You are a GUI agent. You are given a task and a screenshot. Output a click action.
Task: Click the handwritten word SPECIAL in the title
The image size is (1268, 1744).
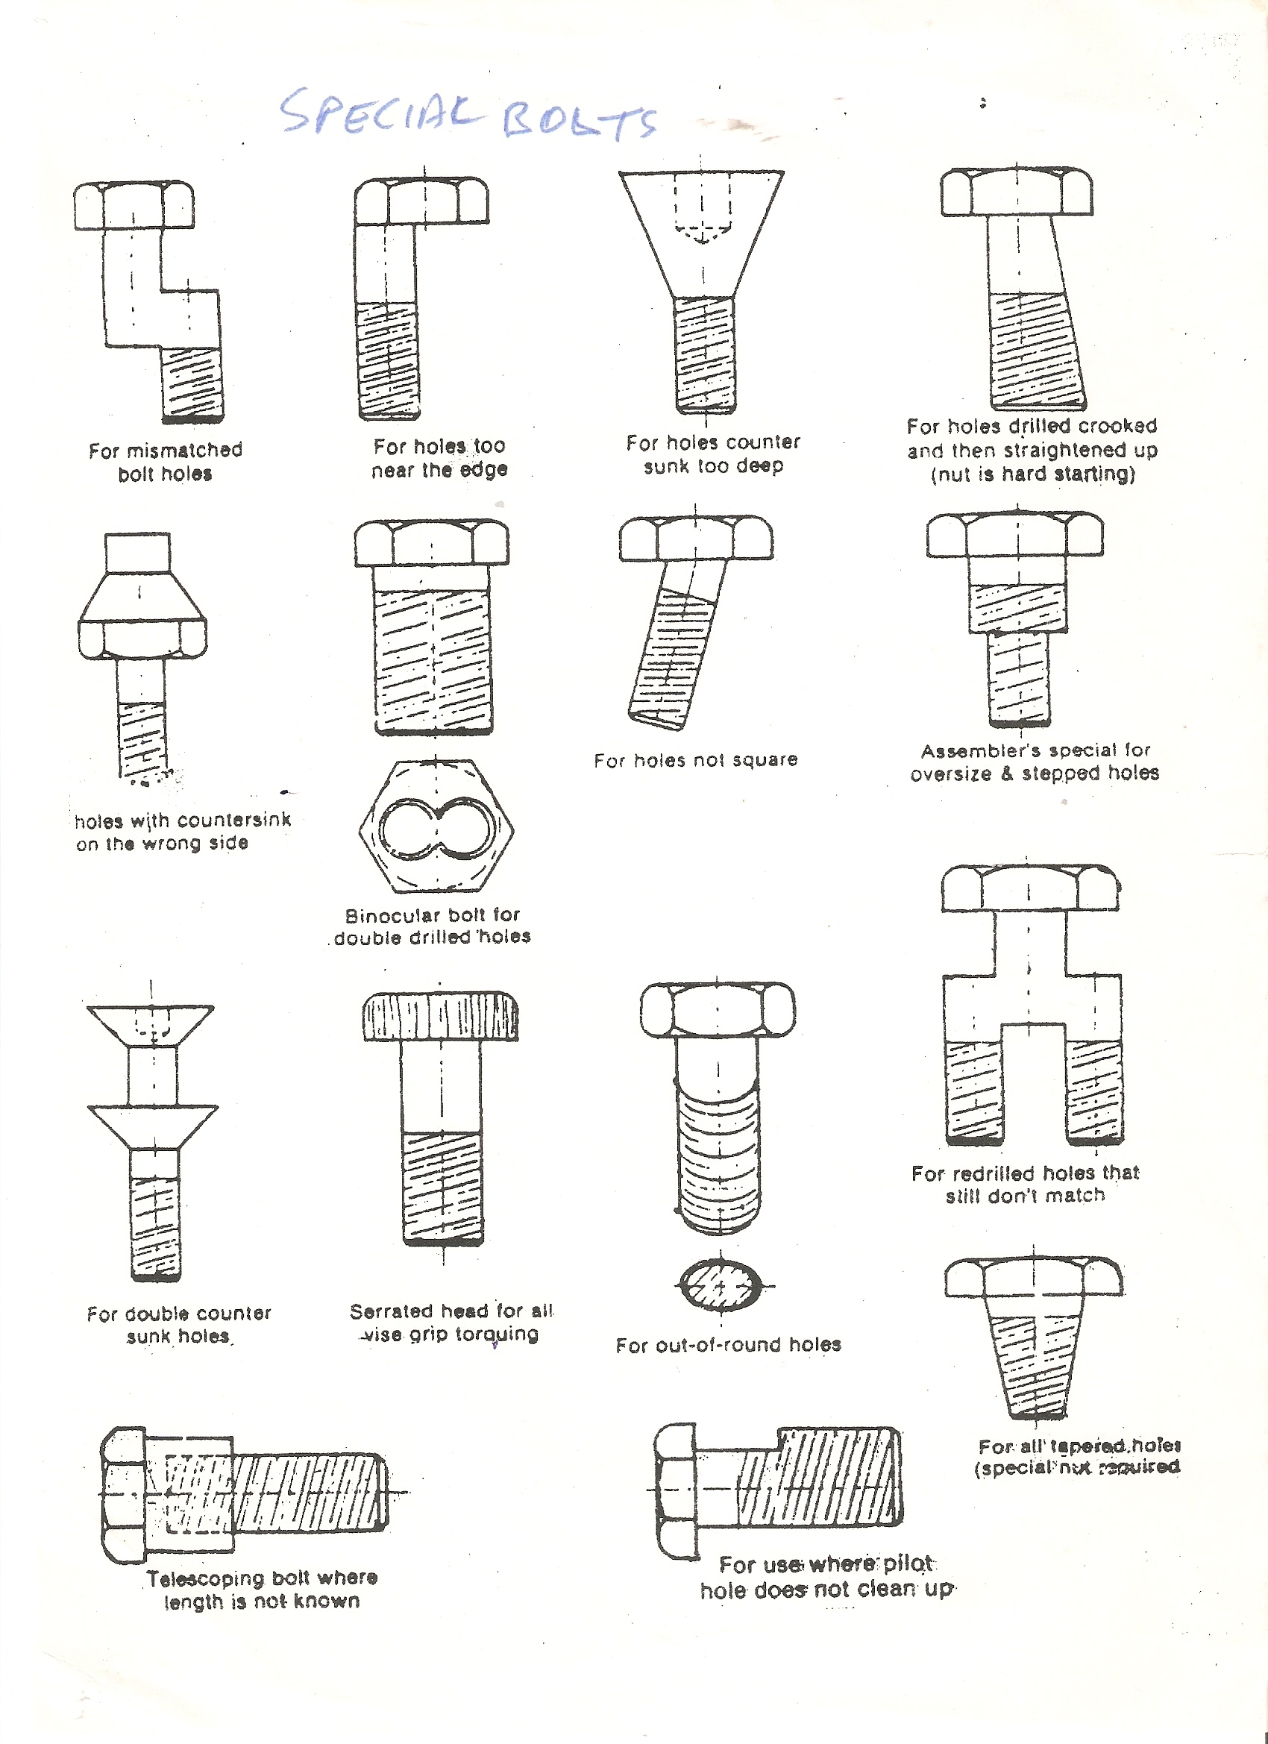tap(380, 113)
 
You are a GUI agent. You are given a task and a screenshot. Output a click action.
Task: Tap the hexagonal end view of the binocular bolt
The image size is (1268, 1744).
tap(436, 827)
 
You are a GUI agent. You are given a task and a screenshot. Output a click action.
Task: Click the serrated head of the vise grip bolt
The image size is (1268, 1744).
tap(441, 1018)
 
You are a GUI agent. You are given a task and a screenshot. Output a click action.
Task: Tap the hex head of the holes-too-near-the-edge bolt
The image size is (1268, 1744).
tap(421, 201)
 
